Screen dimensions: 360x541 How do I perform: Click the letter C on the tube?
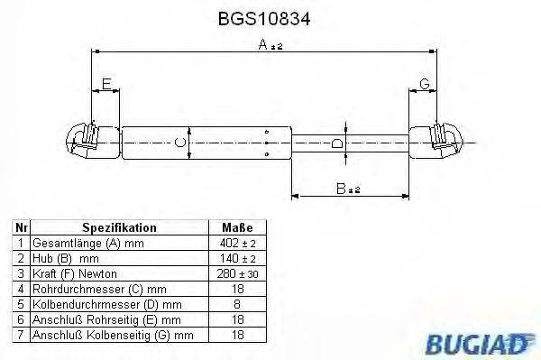180,142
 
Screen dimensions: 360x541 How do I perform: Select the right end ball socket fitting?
445,141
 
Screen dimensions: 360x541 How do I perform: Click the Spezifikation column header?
119,228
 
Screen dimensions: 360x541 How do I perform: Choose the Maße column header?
236,228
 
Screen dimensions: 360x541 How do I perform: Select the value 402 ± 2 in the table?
236,244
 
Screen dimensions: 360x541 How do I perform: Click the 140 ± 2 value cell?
236,258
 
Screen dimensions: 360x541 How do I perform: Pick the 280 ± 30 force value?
236,272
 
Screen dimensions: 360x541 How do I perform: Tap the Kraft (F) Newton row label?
74,272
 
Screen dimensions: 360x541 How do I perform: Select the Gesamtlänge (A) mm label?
88,244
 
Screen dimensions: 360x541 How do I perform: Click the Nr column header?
22,228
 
